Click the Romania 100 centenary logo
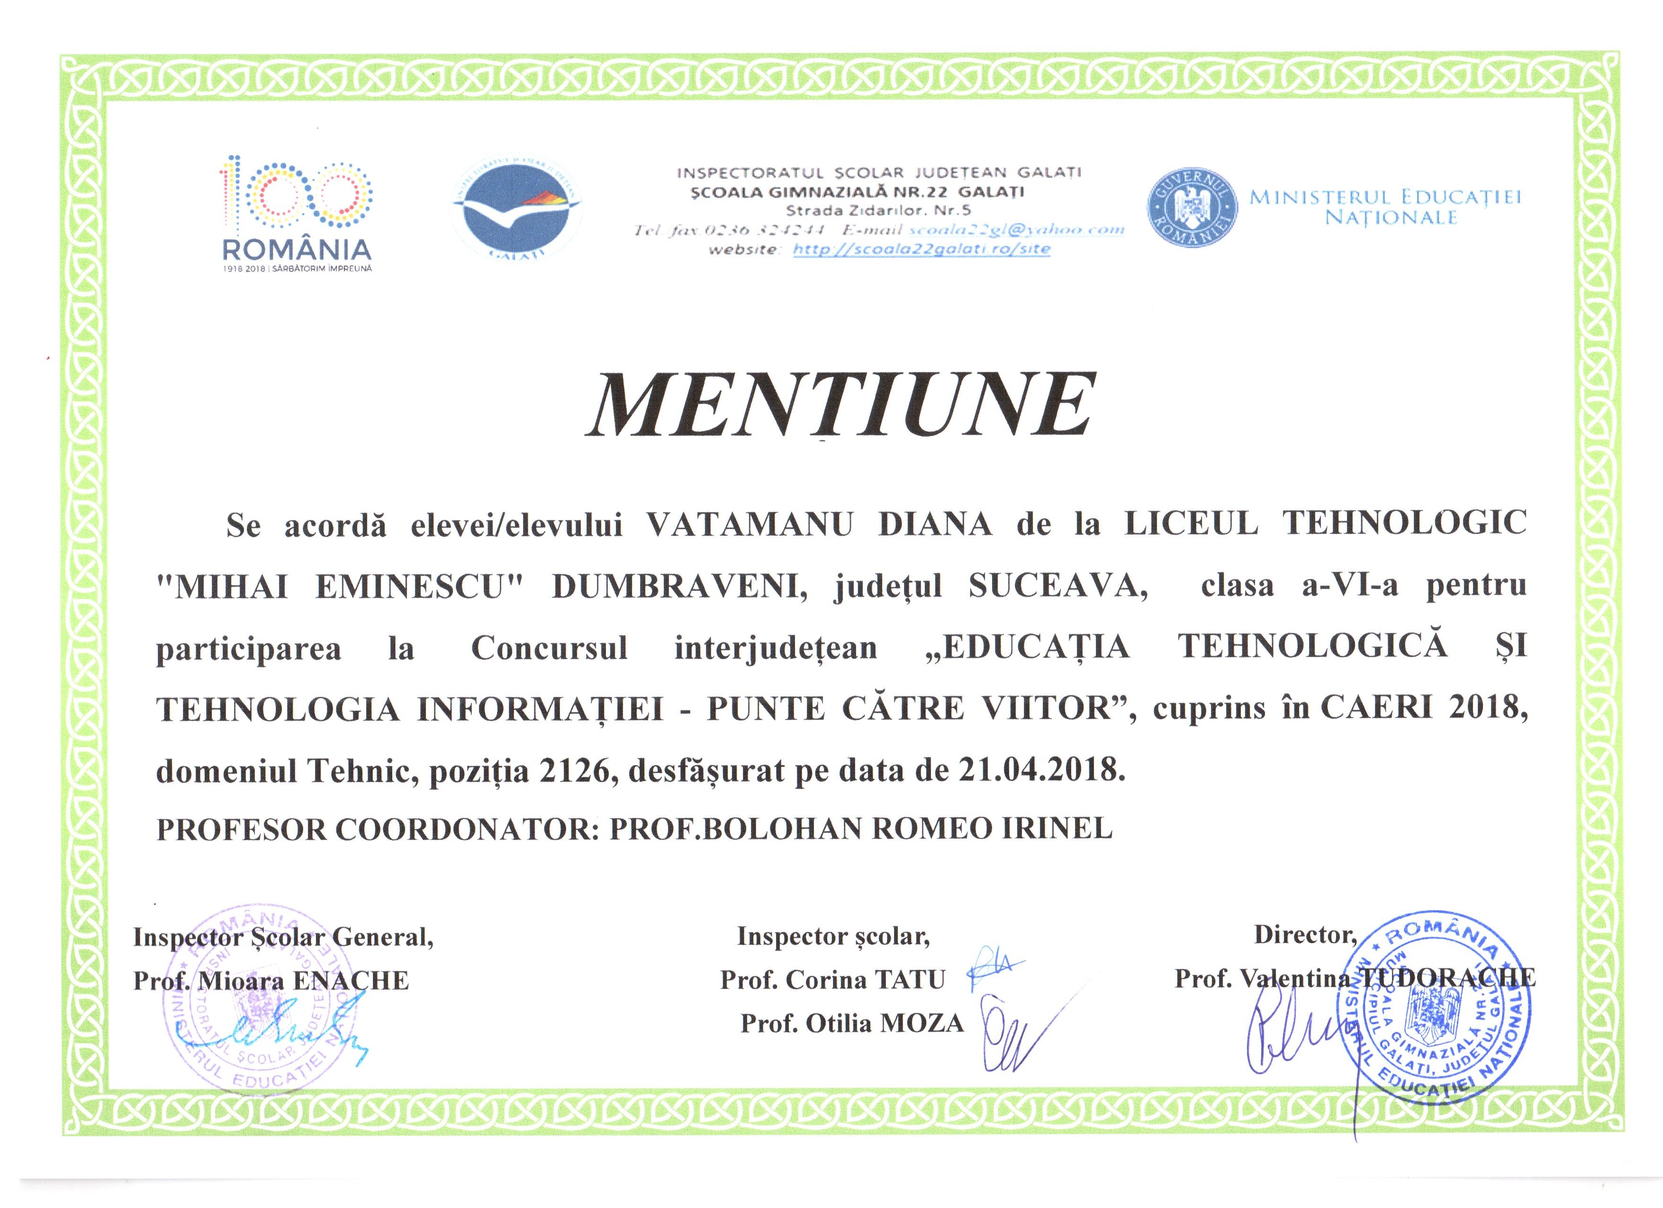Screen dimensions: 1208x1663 tap(296, 213)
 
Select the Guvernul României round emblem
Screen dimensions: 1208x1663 tap(1192, 208)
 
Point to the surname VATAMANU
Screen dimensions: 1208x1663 tap(749, 525)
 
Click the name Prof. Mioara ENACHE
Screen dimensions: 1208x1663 tap(271, 981)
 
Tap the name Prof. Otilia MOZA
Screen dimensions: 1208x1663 tap(851, 1023)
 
